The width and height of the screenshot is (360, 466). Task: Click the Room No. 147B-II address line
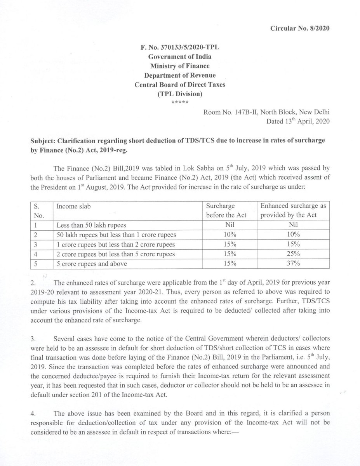coord(266,112)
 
